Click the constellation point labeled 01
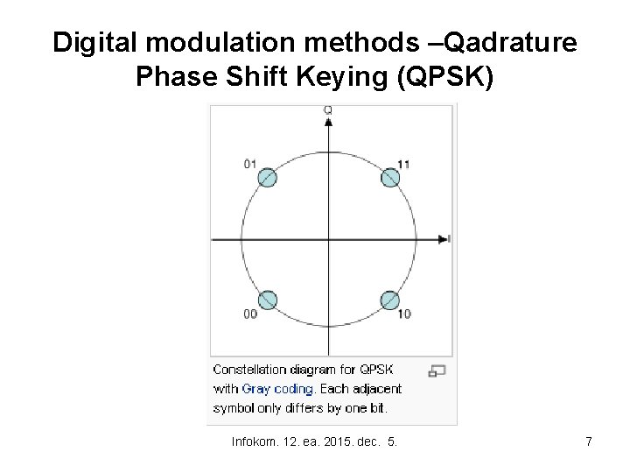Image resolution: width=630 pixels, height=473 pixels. tap(267, 178)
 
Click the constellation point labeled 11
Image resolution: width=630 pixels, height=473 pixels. tap(390, 178)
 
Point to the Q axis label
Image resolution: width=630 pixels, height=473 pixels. tap(328, 110)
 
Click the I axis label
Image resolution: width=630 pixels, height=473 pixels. tap(449, 238)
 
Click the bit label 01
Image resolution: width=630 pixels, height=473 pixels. tap(251, 164)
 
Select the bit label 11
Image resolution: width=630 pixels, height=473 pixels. tap(403, 164)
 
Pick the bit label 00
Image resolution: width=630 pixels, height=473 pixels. tap(251, 314)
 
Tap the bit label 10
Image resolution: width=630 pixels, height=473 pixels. tap(403, 314)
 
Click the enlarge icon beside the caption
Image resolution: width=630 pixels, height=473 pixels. tap(438, 371)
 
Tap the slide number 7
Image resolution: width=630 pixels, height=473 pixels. tap(589, 442)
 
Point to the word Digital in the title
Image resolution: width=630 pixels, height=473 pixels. tap(94, 43)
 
